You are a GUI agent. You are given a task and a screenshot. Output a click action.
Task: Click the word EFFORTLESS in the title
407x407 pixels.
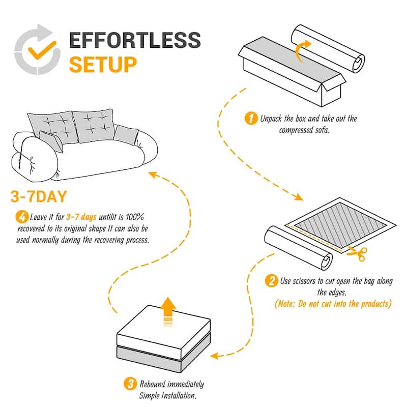[x=135, y=41]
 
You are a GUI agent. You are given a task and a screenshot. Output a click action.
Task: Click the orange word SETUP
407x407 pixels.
[x=103, y=65]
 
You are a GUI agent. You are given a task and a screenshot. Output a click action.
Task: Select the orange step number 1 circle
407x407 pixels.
[x=250, y=119]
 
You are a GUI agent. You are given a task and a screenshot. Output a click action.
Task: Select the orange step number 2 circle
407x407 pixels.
[x=272, y=281]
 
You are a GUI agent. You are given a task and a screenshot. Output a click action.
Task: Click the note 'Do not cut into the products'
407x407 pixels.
[x=333, y=304]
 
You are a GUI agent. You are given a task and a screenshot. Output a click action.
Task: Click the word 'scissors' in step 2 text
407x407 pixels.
[x=306, y=281]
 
